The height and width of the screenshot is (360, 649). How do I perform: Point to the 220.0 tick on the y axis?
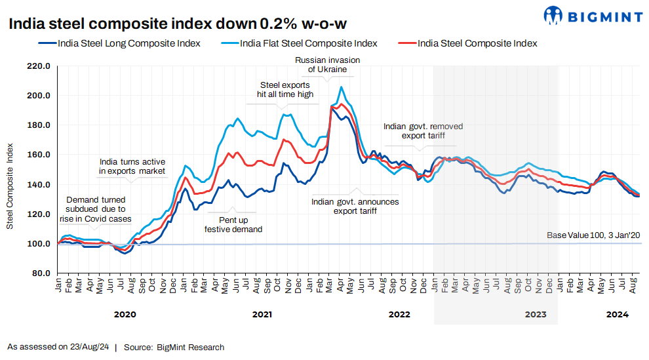tap(39, 66)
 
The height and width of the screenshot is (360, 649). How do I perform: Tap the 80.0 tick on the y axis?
tap(41, 273)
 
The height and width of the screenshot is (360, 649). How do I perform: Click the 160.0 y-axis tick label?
tap(39, 155)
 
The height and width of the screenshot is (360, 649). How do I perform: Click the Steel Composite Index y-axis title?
tap(10, 185)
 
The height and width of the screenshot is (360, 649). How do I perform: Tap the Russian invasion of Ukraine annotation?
tap(327, 64)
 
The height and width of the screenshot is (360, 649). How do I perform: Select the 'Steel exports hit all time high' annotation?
tap(285, 89)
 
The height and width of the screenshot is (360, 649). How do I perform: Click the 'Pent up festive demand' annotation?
tap(233, 225)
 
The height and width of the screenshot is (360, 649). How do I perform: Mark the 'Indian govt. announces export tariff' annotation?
tap(355, 207)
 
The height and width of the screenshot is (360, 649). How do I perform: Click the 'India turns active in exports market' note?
tap(132, 167)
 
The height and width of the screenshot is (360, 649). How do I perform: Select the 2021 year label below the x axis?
tap(262, 315)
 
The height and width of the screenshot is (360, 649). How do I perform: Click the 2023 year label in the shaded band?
tap(536, 315)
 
